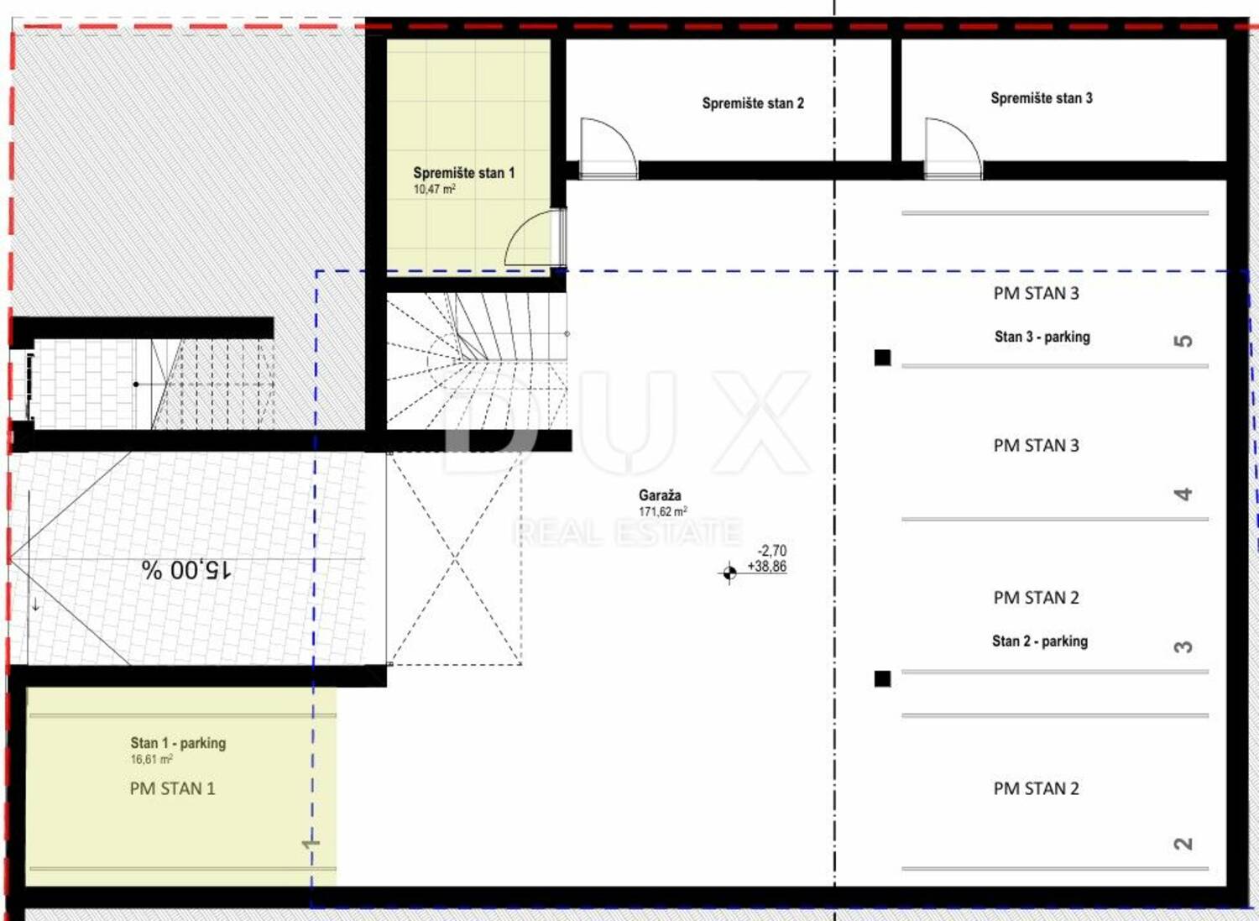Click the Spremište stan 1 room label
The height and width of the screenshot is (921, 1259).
pyautogui.click(x=463, y=173)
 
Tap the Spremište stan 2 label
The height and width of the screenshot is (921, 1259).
pyautogui.click(x=753, y=103)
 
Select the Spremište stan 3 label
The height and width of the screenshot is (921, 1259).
pyautogui.click(x=1042, y=98)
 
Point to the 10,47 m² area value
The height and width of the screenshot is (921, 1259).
pyautogui.click(x=434, y=190)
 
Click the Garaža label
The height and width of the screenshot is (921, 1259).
pyautogui.click(x=660, y=495)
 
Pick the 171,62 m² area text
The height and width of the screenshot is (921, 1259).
pyautogui.click(x=663, y=511)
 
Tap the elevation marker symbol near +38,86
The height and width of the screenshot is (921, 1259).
pyautogui.click(x=729, y=573)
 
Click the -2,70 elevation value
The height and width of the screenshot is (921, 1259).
pyautogui.click(x=771, y=551)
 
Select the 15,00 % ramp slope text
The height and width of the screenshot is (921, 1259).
pyautogui.click(x=185, y=570)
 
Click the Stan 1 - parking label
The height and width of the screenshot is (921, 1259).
pyautogui.click(x=178, y=743)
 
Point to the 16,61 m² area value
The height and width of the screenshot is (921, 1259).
pyautogui.click(x=151, y=760)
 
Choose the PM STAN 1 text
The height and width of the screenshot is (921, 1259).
pyautogui.click(x=173, y=789)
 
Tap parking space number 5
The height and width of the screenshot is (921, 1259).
pyautogui.click(x=1183, y=342)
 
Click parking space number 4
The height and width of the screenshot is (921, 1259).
pyautogui.click(x=1183, y=495)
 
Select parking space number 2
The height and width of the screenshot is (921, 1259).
pyautogui.click(x=1183, y=860)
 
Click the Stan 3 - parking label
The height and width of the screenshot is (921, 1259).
pyautogui.click(x=1042, y=338)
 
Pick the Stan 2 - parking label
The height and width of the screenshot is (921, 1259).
pyautogui.click(x=1040, y=641)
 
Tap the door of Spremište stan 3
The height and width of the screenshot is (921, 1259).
pyautogui.click(x=953, y=149)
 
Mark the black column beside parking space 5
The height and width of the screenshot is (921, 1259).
pyautogui.click(x=882, y=358)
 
